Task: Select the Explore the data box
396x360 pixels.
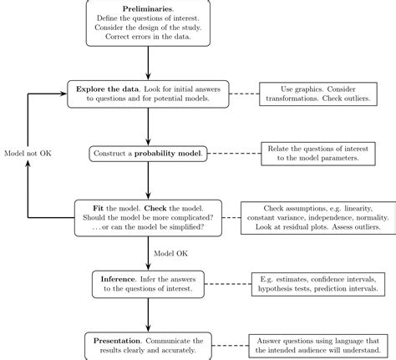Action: tap(148, 93)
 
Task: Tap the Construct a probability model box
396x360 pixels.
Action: tap(148, 155)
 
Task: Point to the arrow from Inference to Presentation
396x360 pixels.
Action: tap(149, 312)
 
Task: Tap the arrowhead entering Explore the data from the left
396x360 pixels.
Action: tap(63, 93)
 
